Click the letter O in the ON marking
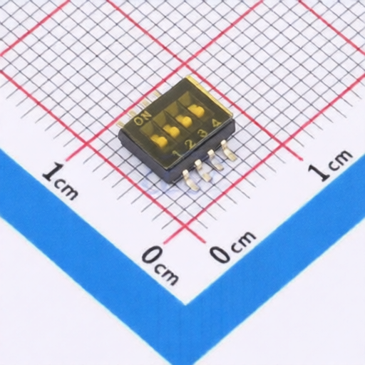pos(138,121)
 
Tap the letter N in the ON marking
pos(146,115)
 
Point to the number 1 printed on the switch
pos(177,154)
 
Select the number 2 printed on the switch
pos(190,143)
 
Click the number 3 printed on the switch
pos(202,133)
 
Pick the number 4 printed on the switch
pos(215,123)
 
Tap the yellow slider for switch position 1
pos(160,140)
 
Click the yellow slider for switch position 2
pos(172,131)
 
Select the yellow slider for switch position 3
pos(184,121)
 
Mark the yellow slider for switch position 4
pos(196,111)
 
